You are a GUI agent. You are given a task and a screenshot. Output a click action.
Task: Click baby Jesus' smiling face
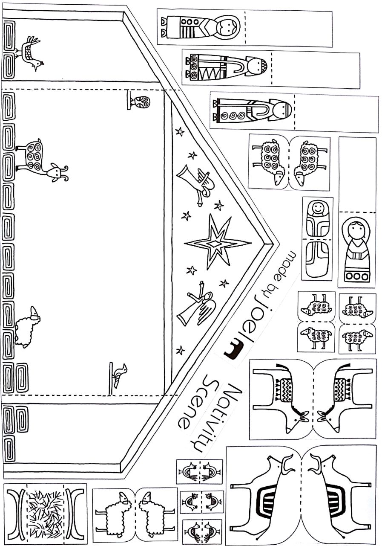[x=317, y=209]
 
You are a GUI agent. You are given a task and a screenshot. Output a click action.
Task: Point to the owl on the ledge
[x=141, y=102]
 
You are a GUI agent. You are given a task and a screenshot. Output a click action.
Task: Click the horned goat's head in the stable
[x=57, y=172]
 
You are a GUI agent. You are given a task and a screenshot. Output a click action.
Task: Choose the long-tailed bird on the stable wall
[x=31, y=53]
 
